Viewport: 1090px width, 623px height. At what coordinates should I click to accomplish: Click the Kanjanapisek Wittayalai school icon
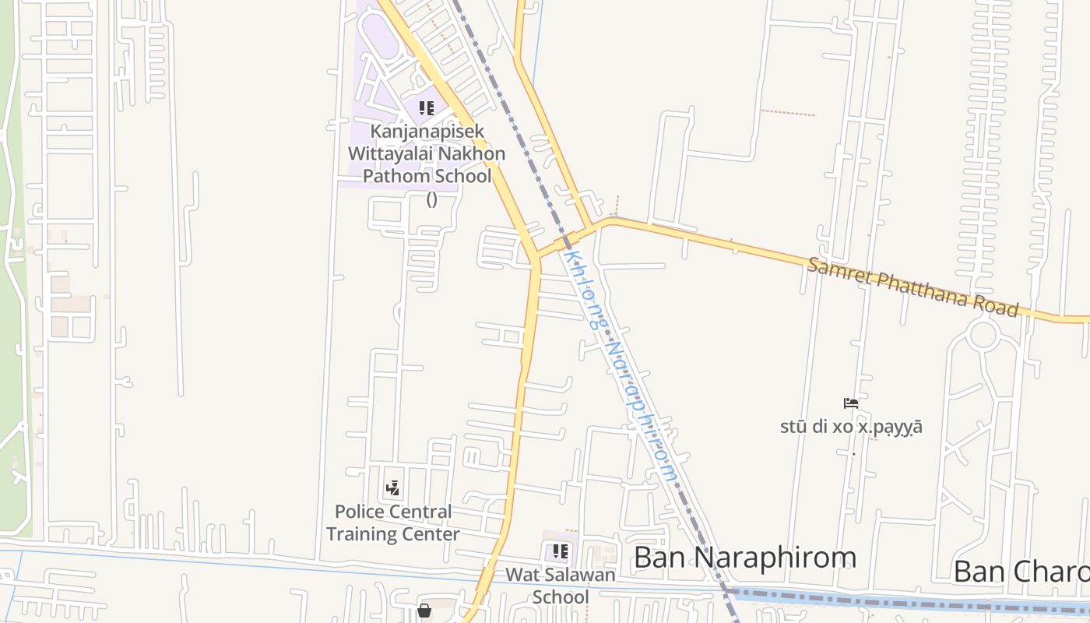tap(426, 108)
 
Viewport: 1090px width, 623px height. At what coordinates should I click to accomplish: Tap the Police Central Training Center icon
tap(393, 488)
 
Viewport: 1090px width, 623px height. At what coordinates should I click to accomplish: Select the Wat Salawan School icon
tap(560, 552)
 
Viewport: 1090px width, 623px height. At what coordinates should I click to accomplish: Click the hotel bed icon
tap(851, 403)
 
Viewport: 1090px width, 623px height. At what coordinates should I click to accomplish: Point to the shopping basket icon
tap(424, 611)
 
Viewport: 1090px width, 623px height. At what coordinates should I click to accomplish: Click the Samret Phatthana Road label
tap(912, 287)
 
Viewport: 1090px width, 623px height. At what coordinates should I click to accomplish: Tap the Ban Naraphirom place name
tap(745, 558)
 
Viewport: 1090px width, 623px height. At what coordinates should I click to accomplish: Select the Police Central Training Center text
tap(393, 523)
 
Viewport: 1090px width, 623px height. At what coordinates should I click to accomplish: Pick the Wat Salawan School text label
tap(561, 586)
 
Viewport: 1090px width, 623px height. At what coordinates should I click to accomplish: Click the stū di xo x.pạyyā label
tap(851, 427)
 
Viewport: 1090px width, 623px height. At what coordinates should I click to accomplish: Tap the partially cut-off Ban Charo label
tap(1021, 571)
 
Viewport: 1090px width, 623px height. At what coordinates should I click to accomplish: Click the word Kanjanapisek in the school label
tap(427, 132)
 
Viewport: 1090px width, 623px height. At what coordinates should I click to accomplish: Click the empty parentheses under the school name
tap(431, 199)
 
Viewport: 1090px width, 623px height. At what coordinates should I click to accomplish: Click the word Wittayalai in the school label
tap(394, 153)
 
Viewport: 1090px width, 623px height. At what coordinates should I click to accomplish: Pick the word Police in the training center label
tap(360, 512)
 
